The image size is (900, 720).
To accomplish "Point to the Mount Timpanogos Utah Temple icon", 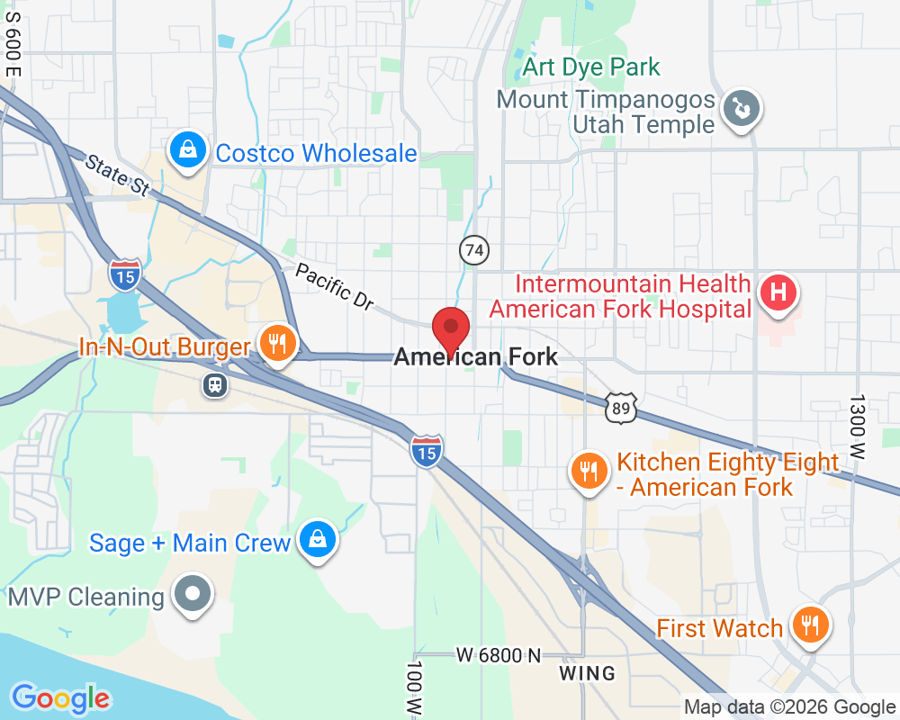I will [x=743, y=111].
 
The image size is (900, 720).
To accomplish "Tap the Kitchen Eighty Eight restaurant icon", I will [x=589, y=471].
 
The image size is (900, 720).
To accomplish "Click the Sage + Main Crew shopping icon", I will [x=317, y=540].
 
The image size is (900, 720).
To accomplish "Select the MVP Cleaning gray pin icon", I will [x=193, y=595].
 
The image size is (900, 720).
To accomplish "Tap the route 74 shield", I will [x=474, y=251].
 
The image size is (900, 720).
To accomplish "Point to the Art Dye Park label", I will [x=591, y=67].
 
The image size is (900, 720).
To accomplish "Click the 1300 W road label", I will [x=857, y=427].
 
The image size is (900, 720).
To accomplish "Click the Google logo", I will [x=60, y=697].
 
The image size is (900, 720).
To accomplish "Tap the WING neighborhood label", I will [x=587, y=673].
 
